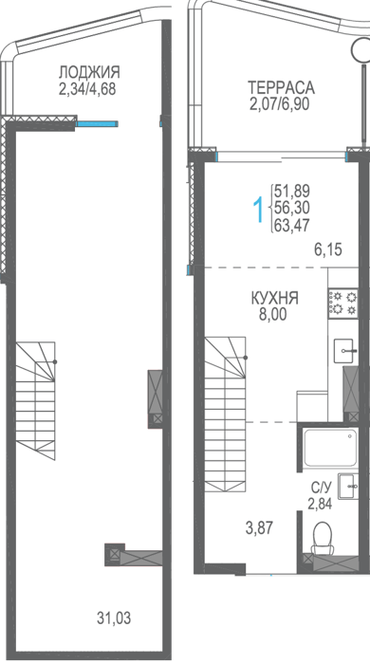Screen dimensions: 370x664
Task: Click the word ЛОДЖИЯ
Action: (x=89, y=72)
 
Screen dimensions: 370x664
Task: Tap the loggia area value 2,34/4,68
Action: (x=87, y=89)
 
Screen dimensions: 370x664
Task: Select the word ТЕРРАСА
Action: (x=281, y=87)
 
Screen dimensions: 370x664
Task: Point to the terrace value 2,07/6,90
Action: (x=280, y=103)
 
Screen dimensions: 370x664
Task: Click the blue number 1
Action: (x=258, y=208)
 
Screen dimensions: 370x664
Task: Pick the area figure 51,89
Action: (x=292, y=191)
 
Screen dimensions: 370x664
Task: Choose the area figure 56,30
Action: (x=292, y=208)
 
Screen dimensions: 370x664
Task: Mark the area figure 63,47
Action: (x=292, y=224)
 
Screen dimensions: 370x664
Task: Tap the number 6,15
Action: (x=327, y=249)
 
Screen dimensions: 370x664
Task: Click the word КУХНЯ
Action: (x=274, y=298)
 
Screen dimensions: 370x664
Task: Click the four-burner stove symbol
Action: (x=342, y=304)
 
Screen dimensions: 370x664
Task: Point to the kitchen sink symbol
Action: (x=346, y=350)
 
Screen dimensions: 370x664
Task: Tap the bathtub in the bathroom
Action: (x=330, y=448)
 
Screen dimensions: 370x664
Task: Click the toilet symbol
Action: (x=324, y=538)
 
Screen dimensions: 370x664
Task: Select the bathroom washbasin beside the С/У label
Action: (x=348, y=487)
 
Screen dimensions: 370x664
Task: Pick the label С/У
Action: (x=320, y=489)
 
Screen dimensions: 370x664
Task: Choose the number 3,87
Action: (x=260, y=528)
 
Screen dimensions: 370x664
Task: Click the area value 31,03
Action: (x=114, y=618)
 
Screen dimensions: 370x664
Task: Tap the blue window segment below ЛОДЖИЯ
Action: (x=97, y=123)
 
